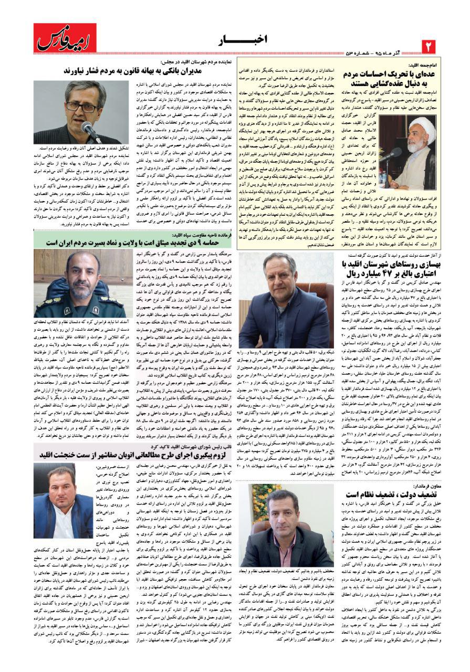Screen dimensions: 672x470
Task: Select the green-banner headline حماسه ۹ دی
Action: (x=134, y=243)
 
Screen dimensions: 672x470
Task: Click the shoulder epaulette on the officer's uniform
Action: (x=46, y=301)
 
